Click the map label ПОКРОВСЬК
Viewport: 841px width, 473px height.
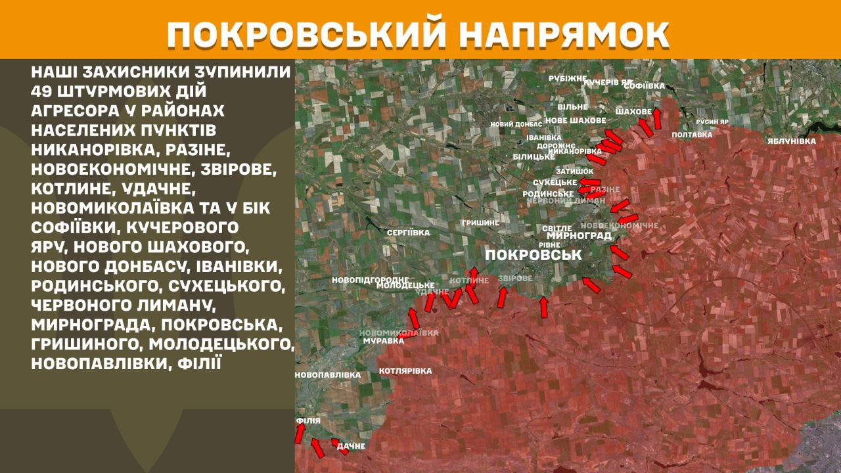[533, 254]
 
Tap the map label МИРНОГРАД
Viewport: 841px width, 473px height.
[578, 236]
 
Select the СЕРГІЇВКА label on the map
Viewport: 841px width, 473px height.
[408, 233]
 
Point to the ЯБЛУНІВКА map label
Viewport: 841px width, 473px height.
[792, 141]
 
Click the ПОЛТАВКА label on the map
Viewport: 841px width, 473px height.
[692, 135]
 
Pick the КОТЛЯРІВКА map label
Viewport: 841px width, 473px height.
[405, 371]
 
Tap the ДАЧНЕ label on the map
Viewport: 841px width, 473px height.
[351, 447]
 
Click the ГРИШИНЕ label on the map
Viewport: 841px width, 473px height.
[480, 223]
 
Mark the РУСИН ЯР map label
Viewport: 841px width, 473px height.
[713, 122]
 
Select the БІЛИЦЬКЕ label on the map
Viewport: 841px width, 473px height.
[534, 156]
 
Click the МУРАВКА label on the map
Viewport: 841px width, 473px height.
[383, 341]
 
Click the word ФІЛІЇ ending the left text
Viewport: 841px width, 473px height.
[200, 362]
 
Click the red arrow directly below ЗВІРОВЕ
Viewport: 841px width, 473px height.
[503, 297]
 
